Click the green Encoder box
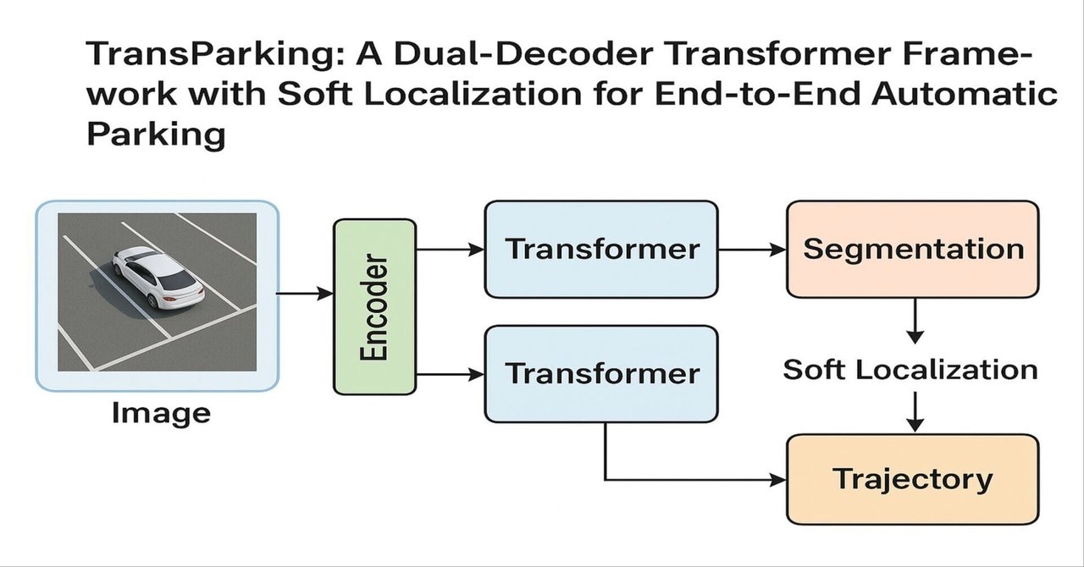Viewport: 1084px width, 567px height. (x=374, y=306)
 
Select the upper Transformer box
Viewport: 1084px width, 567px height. (x=601, y=249)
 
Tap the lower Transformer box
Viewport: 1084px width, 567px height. (x=601, y=373)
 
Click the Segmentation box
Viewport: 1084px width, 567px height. (x=913, y=249)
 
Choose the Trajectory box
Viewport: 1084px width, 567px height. (x=913, y=479)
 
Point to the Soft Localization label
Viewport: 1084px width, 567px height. (x=910, y=370)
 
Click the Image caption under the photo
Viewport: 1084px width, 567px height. (x=161, y=414)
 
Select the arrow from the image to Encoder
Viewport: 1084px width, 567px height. (x=305, y=294)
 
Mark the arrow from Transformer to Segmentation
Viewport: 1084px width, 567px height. (x=752, y=249)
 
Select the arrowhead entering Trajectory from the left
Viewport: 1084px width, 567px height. (x=777, y=480)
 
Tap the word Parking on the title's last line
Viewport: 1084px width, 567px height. (x=156, y=134)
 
